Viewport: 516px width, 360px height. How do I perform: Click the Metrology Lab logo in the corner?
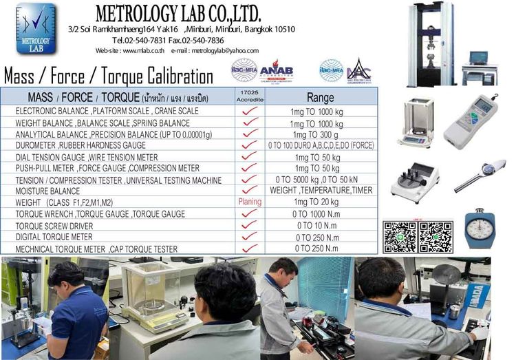pyautogui.click(x=36, y=28)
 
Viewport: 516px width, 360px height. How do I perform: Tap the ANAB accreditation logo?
pyautogui.click(x=276, y=70)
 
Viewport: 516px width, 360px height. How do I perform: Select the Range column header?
pyautogui.click(x=321, y=97)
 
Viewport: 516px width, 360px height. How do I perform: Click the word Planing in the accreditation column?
pyautogui.click(x=250, y=202)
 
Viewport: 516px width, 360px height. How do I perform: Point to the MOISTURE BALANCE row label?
pyautogui.click(x=47, y=191)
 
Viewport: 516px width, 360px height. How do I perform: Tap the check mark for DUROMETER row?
pyautogui.click(x=250, y=145)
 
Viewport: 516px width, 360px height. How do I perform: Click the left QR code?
pyautogui.click(x=400, y=237)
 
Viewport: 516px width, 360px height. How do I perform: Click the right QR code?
pyautogui.click(x=436, y=237)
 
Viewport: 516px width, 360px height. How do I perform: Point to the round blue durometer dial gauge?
pyautogui.click(x=479, y=231)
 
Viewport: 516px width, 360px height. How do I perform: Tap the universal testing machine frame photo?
pyautogui.click(x=431, y=44)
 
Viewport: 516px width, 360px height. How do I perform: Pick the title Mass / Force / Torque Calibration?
pyautogui.click(x=109, y=76)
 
